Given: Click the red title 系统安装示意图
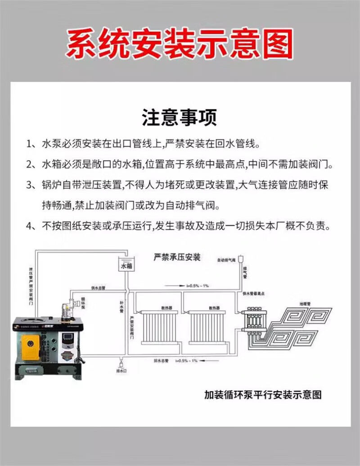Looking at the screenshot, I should point(180,44).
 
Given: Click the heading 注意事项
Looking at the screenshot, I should point(180,118).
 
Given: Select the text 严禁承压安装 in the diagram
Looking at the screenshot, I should point(177,258).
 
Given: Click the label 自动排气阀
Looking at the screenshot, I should point(226,260).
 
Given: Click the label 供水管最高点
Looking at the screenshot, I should point(254,293).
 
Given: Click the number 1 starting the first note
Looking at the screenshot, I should point(29,145).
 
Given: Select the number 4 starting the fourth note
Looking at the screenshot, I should point(29,226).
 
